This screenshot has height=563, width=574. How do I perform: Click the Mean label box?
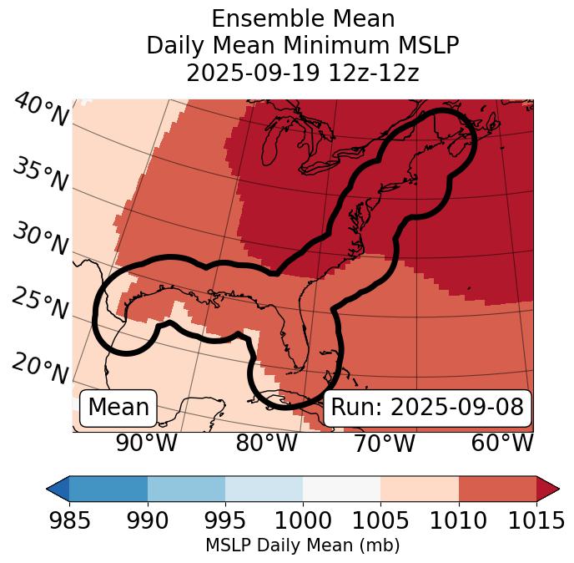118,408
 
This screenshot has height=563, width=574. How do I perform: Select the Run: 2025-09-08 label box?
427,408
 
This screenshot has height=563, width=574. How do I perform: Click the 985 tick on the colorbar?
69,520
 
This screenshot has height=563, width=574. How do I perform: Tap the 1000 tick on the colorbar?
303,520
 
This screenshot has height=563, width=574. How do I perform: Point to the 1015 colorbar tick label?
536,520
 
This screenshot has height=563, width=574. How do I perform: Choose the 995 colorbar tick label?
225,520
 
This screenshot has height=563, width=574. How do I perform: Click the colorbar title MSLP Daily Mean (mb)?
302,546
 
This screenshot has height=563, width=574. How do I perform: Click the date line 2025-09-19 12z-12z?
302,73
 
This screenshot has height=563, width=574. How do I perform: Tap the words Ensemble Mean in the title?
302,18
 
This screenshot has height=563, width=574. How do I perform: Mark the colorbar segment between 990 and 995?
186,488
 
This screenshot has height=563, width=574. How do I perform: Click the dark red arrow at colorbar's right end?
548,488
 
